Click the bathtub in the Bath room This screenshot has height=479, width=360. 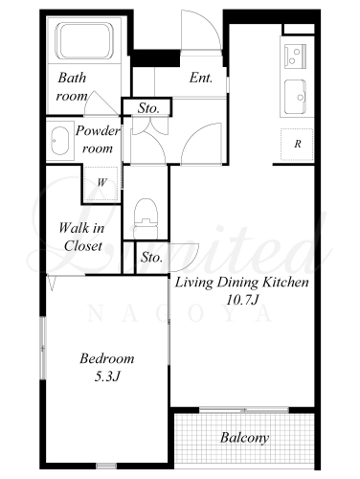pos(84,40)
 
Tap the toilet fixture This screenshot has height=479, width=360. pos(146,218)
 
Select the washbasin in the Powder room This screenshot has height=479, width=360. pos(59,141)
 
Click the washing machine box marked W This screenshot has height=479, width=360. pos(101,183)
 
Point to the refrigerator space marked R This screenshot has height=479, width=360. pos(297,145)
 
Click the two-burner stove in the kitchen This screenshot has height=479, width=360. pos(295,56)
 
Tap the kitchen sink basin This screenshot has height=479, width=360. pos(295,97)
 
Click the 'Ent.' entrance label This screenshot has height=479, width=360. pos(201,78)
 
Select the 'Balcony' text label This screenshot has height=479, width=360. pos(244,438)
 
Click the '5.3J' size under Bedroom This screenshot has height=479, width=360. pos(107,377)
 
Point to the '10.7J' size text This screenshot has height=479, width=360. pos(241,300)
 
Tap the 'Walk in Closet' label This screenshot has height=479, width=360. pos(81,237)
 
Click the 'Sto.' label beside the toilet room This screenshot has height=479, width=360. pos(151,257)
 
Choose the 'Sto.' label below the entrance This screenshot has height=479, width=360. pos(148,108)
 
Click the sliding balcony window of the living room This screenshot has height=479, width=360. pos(244,409)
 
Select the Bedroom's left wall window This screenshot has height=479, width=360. pos(42,348)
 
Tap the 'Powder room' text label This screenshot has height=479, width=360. pos(98,140)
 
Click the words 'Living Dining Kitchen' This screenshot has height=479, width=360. pos(242,283)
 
